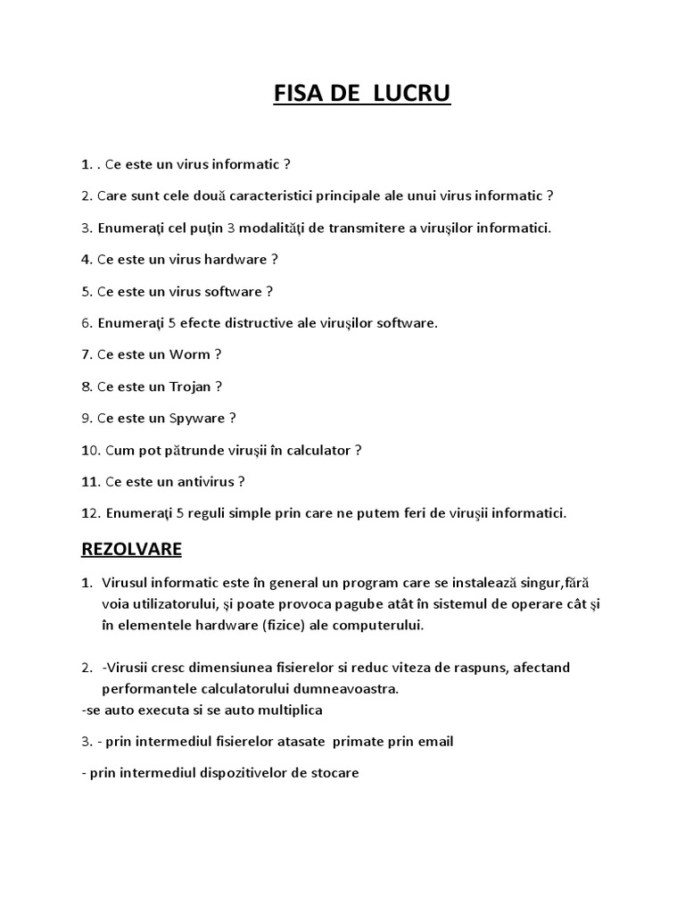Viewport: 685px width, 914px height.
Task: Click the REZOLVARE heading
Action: [x=131, y=549]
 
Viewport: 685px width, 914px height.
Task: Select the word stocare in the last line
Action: [x=334, y=773]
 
